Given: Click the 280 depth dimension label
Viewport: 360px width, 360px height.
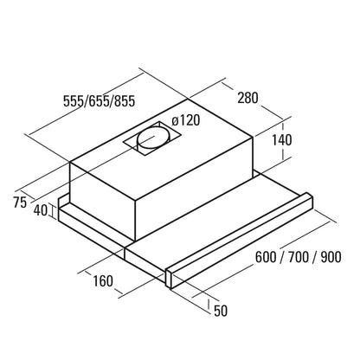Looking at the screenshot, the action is pos(247,98).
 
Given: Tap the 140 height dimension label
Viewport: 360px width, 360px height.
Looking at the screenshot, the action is pos(282,140).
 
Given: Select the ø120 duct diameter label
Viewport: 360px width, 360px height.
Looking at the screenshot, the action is pos(185,120).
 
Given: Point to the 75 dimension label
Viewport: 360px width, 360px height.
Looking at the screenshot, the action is pos(20,202).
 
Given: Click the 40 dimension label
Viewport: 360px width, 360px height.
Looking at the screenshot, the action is pos(41,210).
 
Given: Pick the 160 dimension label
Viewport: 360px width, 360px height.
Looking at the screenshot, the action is pos(103,280).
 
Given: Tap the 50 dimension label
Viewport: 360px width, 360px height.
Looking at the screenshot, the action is pos(221,311).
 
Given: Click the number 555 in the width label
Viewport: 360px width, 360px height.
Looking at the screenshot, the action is pos(74,101).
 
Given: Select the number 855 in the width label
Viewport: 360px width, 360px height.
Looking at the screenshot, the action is pos(125,101).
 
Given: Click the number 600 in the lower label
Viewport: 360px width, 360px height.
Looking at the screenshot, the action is pos(266,257).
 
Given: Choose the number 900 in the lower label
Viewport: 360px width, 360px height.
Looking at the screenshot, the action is pos(331,257).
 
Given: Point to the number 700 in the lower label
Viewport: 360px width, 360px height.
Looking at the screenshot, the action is pos(299,257).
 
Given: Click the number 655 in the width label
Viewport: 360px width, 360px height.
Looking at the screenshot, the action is pos(99,101).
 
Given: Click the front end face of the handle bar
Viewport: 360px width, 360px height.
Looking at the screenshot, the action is pos(169,279).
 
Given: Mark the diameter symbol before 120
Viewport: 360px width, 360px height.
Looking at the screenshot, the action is pos(175,121).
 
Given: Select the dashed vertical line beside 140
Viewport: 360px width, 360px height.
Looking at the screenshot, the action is pos(284,141).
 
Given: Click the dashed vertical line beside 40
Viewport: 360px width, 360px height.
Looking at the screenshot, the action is pos(53,210).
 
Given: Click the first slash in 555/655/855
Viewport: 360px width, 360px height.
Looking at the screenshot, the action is pos(86,101).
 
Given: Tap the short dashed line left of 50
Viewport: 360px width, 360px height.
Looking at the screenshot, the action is pos(209,305).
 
